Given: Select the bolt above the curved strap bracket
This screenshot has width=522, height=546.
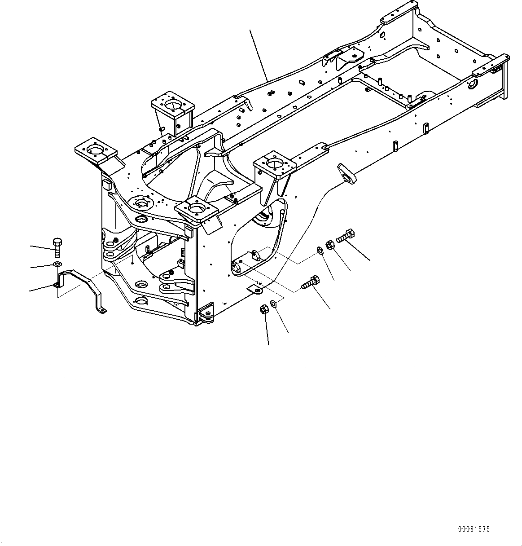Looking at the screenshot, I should (57, 247).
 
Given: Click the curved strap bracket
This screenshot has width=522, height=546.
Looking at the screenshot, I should (81, 282).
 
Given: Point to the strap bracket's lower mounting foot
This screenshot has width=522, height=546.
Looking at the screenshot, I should (102, 310).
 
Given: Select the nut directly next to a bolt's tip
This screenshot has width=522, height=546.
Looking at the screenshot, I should (329, 245).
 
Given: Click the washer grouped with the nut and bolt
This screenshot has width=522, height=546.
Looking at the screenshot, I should (319, 250).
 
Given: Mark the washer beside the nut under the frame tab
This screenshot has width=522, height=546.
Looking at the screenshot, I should (274, 305).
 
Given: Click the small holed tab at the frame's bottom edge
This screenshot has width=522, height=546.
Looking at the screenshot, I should (256, 290).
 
